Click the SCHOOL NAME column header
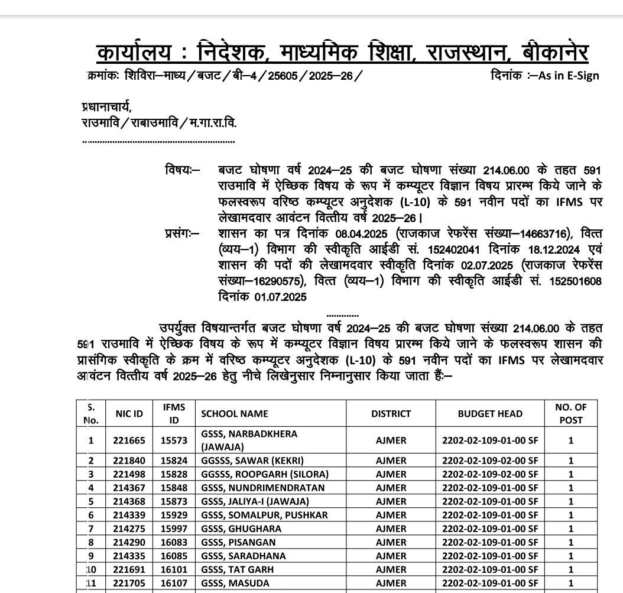pyautogui.click(x=235, y=414)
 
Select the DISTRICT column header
pyautogui.click(x=391, y=414)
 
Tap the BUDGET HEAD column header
pyautogui.click(x=490, y=414)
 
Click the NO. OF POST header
pyautogui.click(x=570, y=413)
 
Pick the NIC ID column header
pyautogui.click(x=129, y=414)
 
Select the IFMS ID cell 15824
pyautogui.click(x=174, y=461)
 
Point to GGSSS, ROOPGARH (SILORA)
pyautogui.click(x=264, y=474)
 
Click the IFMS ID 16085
pyautogui.click(x=174, y=556)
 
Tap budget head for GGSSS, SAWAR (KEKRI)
pyautogui.click(x=490, y=461)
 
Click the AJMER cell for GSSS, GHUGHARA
pyautogui.click(x=391, y=529)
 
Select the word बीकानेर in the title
pyautogui.click(x=556, y=53)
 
